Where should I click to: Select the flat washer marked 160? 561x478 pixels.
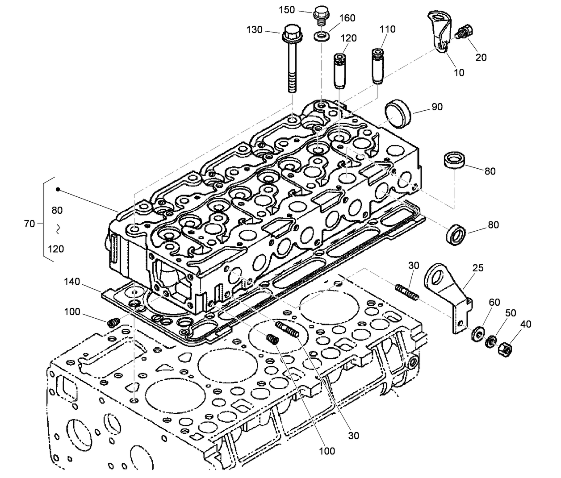click(x=320, y=36)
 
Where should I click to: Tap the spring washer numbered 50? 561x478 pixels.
click(x=491, y=341)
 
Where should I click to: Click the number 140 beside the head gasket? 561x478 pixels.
click(x=72, y=282)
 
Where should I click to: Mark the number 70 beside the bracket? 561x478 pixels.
click(x=29, y=224)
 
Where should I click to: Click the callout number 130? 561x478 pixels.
click(x=254, y=30)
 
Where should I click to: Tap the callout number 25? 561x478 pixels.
click(x=478, y=268)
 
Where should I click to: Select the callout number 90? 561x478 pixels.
click(x=437, y=107)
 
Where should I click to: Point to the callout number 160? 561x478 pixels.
click(x=347, y=18)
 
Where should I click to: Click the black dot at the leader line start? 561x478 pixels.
click(x=58, y=190)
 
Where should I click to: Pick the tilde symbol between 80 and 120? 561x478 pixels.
click(x=58, y=230)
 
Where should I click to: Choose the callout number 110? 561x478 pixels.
click(x=387, y=29)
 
